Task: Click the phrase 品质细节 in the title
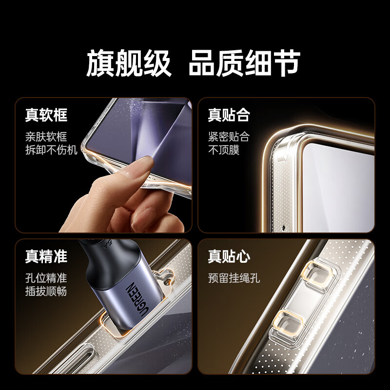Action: [x=244, y=63]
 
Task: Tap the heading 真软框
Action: [x=46, y=116]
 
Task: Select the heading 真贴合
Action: [x=229, y=116]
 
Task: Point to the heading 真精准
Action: [x=46, y=256]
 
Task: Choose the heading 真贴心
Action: [x=229, y=256]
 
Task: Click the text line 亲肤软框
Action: [x=46, y=136]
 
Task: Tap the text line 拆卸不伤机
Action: [x=51, y=150]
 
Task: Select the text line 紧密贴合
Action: [x=229, y=136]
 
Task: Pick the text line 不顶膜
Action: [x=224, y=150]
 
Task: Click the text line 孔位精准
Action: [x=46, y=278]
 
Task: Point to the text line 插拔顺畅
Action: [x=46, y=292]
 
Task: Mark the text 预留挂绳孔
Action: [x=234, y=278]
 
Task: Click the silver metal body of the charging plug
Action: [x=122, y=302]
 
